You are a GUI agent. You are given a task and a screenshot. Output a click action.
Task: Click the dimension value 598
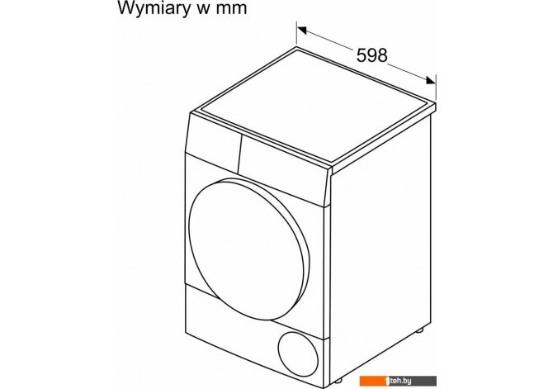371,55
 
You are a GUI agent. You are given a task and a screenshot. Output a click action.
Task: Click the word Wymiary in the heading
154,7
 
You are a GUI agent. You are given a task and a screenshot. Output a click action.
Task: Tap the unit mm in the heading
231,8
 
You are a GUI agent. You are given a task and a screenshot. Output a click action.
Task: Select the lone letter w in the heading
203,8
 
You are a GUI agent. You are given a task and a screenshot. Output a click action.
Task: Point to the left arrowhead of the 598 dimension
302,30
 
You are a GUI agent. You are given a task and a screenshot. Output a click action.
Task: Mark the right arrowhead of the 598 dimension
431,80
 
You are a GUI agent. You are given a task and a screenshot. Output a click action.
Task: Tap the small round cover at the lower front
298,354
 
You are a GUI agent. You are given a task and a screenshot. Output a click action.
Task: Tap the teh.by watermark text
400,381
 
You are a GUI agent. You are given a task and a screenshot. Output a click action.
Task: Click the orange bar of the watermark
374,381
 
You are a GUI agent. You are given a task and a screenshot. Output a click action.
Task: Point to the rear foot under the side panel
419,330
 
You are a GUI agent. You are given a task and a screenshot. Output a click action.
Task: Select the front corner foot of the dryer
338,382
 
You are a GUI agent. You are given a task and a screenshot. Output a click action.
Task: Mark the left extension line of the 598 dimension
296,34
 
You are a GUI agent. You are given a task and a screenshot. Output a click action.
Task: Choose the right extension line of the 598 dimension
436,88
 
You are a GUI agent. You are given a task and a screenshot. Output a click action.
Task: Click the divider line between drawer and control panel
240,154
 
